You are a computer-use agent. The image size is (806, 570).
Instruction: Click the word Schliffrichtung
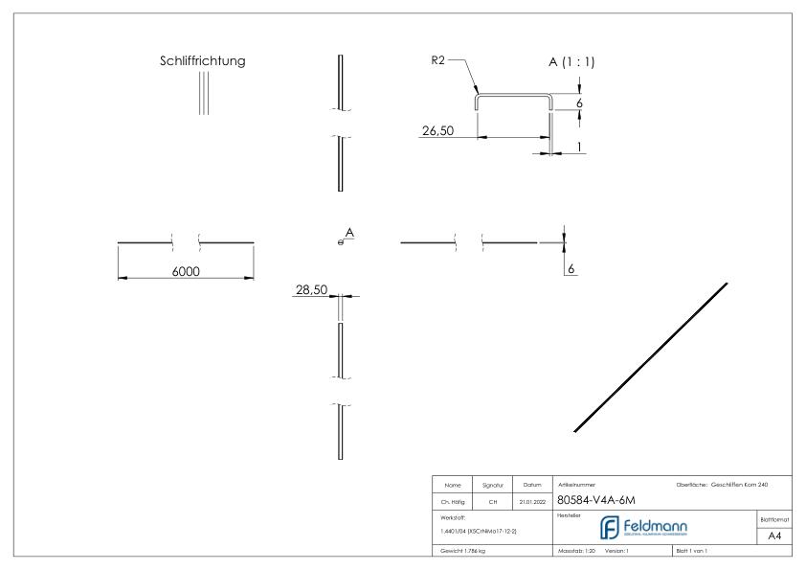(x=202, y=61)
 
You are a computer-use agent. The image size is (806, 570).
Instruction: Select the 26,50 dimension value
(x=437, y=131)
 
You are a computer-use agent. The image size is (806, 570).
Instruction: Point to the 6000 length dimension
(x=186, y=272)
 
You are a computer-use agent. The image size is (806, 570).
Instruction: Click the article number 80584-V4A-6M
(x=595, y=499)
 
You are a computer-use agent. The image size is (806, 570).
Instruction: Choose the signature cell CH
(x=495, y=500)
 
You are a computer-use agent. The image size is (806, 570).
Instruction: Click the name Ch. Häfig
(x=454, y=500)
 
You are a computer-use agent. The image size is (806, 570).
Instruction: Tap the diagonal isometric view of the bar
(x=651, y=357)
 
